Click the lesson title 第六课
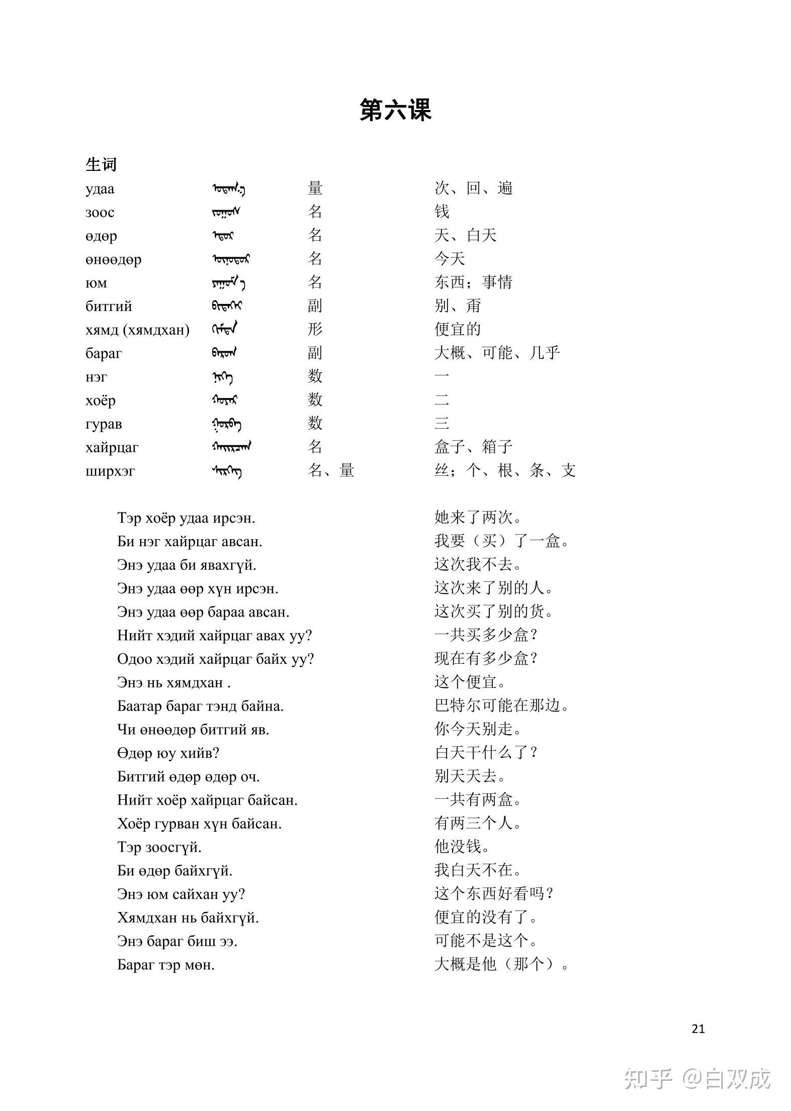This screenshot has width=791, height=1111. (x=395, y=110)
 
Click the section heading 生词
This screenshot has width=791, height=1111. (x=101, y=164)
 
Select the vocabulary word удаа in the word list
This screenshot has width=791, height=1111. (x=100, y=189)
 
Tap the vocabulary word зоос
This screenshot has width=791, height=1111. (x=100, y=213)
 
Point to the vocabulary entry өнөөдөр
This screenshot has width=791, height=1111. (x=113, y=260)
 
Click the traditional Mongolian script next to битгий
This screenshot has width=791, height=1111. (x=226, y=306)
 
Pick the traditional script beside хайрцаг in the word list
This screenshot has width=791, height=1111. (x=231, y=447)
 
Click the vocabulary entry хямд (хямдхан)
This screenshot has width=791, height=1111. (x=137, y=330)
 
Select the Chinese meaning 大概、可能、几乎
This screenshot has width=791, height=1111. (x=497, y=353)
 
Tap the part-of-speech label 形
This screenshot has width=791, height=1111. (x=315, y=329)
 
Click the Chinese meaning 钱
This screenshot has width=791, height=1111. (x=442, y=212)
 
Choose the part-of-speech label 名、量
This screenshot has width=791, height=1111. (x=331, y=470)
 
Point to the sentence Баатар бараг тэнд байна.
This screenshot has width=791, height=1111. (x=200, y=706)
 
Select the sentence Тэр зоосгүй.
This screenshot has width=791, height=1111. (x=159, y=847)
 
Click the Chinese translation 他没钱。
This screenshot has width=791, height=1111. (x=462, y=847)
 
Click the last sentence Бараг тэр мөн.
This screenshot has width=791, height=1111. (x=166, y=965)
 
